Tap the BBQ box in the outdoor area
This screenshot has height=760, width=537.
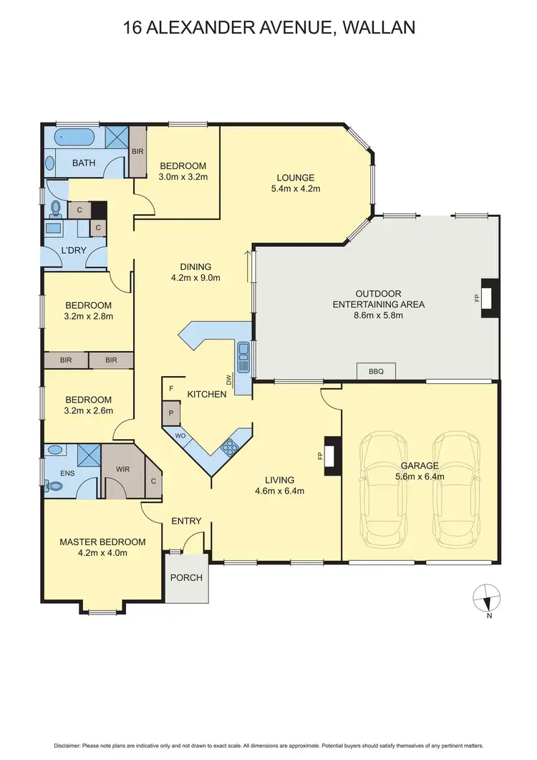[376, 371]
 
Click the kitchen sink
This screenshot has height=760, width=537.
[243, 357]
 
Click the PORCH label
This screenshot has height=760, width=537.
[185, 577]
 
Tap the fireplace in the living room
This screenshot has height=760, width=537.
[332, 456]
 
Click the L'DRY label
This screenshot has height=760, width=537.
[74, 252]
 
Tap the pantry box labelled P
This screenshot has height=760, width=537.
[171, 413]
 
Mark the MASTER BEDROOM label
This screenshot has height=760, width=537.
[102, 542]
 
